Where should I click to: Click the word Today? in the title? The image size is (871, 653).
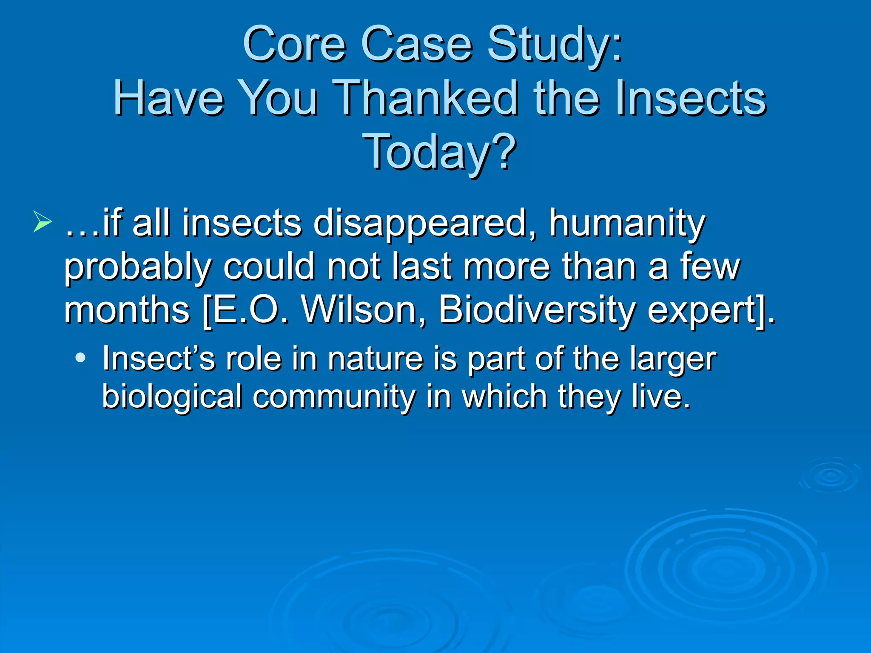440,151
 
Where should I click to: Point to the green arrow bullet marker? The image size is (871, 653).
43,221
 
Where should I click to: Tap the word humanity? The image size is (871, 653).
627,224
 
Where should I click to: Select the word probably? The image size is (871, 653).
137,267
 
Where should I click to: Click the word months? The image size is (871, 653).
127,309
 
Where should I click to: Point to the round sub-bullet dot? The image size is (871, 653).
80,358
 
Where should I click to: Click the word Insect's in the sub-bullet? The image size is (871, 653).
159,359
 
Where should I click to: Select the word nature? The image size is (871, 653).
376,359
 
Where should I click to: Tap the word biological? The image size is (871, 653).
172,396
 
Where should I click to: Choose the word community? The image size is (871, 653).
334,396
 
